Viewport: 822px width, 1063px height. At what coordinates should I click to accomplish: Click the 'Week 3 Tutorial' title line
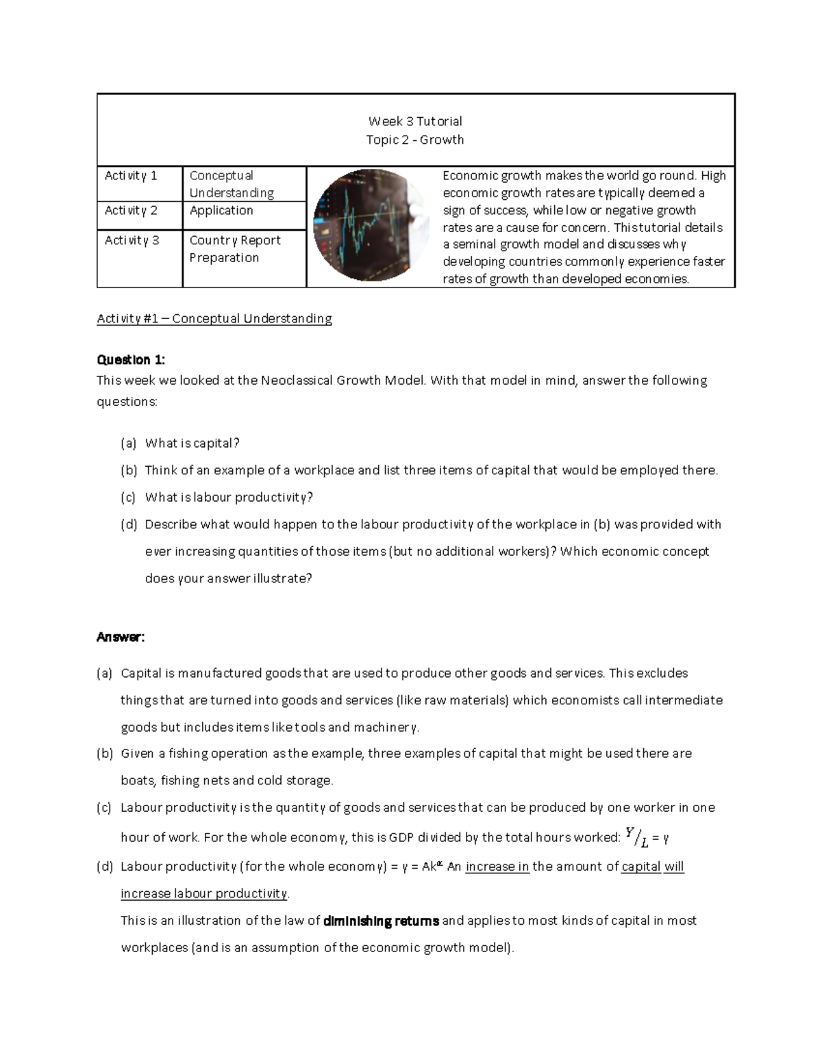[x=415, y=121]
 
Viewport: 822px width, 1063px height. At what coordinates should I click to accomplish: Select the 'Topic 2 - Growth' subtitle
[x=415, y=140]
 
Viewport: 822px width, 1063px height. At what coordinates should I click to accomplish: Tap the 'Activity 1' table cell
[x=131, y=176]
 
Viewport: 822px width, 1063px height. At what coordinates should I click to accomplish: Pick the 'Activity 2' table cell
[x=131, y=211]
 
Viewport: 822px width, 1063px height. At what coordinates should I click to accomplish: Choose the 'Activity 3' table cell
[x=132, y=240]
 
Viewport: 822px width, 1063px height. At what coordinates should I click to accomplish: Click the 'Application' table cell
[x=221, y=211]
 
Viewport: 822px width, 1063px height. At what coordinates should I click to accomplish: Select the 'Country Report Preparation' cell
[x=235, y=249]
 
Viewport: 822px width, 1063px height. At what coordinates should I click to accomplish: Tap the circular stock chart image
[x=362, y=225]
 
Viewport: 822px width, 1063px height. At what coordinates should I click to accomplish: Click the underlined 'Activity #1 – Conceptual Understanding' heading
[x=214, y=318]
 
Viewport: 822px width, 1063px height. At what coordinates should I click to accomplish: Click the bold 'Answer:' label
[x=121, y=637]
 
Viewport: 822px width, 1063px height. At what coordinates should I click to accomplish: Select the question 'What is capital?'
[x=192, y=444]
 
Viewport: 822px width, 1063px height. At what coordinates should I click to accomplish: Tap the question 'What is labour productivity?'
[x=229, y=498]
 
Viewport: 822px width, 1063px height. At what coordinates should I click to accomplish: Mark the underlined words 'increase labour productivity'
[x=204, y=893]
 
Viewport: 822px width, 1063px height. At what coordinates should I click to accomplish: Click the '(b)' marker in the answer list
[x=104, y=754]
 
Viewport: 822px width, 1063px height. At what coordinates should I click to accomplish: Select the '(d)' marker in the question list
[x=129, y=525]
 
